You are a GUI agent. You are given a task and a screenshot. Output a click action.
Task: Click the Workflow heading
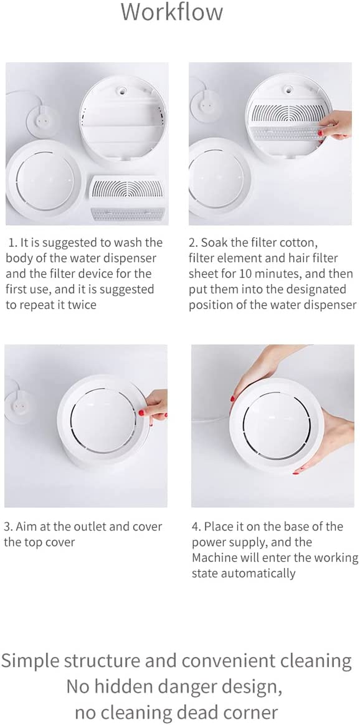coord(171,12)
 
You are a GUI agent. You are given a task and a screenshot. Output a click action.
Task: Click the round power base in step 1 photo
coord(42,121)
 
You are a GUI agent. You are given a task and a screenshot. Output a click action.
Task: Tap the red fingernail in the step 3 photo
coord(141,412)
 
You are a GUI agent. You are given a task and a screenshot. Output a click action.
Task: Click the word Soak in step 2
coord(214,243)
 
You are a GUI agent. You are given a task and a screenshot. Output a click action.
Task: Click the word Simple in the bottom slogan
coord(30,661)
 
